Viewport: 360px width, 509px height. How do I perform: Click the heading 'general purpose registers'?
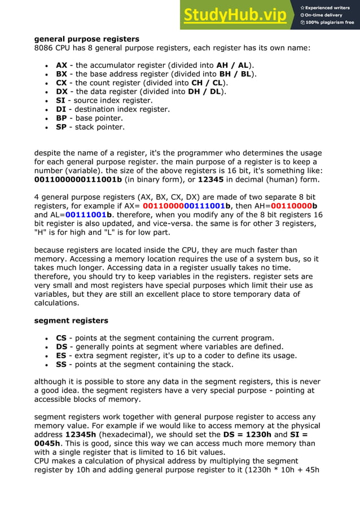click(x=87, y=39)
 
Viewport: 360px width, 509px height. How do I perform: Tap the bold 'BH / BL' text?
click(x=236, y=74)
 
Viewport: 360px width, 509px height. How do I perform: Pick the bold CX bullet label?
click(x=62, y=82)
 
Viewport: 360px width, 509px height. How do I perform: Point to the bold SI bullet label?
click(x=60, y=100)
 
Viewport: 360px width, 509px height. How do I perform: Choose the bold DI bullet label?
click(x=61, y=109)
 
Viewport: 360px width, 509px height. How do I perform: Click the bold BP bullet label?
click(x=62, y=118)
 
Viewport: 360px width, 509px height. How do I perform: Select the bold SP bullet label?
click(x=62, y=127)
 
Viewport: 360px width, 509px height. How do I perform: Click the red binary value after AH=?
click(x=293, y=206)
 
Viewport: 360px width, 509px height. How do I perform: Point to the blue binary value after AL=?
click(x=89, y=215)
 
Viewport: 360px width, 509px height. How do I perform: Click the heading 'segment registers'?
click(x=71, y=321)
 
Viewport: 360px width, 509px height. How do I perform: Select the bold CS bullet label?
click(x=62, y=338)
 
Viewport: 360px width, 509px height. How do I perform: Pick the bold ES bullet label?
click(x=62, y=356)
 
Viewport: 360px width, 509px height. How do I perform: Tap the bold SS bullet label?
click(x=62, y=365)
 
